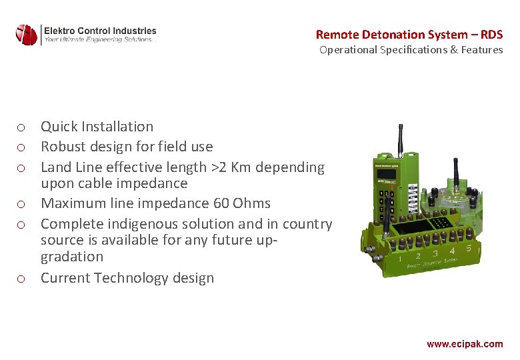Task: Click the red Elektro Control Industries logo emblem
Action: point(27,34)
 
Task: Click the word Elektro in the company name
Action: point(61,31)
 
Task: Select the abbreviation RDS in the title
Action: point(491,34)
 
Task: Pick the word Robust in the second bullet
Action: point(63,147)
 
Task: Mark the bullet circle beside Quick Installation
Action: point(22,127)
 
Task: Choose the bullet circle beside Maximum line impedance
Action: point(22,204)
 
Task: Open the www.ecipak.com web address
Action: point(465,344)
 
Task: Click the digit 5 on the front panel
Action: point(469,248)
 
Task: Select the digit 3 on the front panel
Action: point(435,253)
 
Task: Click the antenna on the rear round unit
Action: point(457,175)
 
